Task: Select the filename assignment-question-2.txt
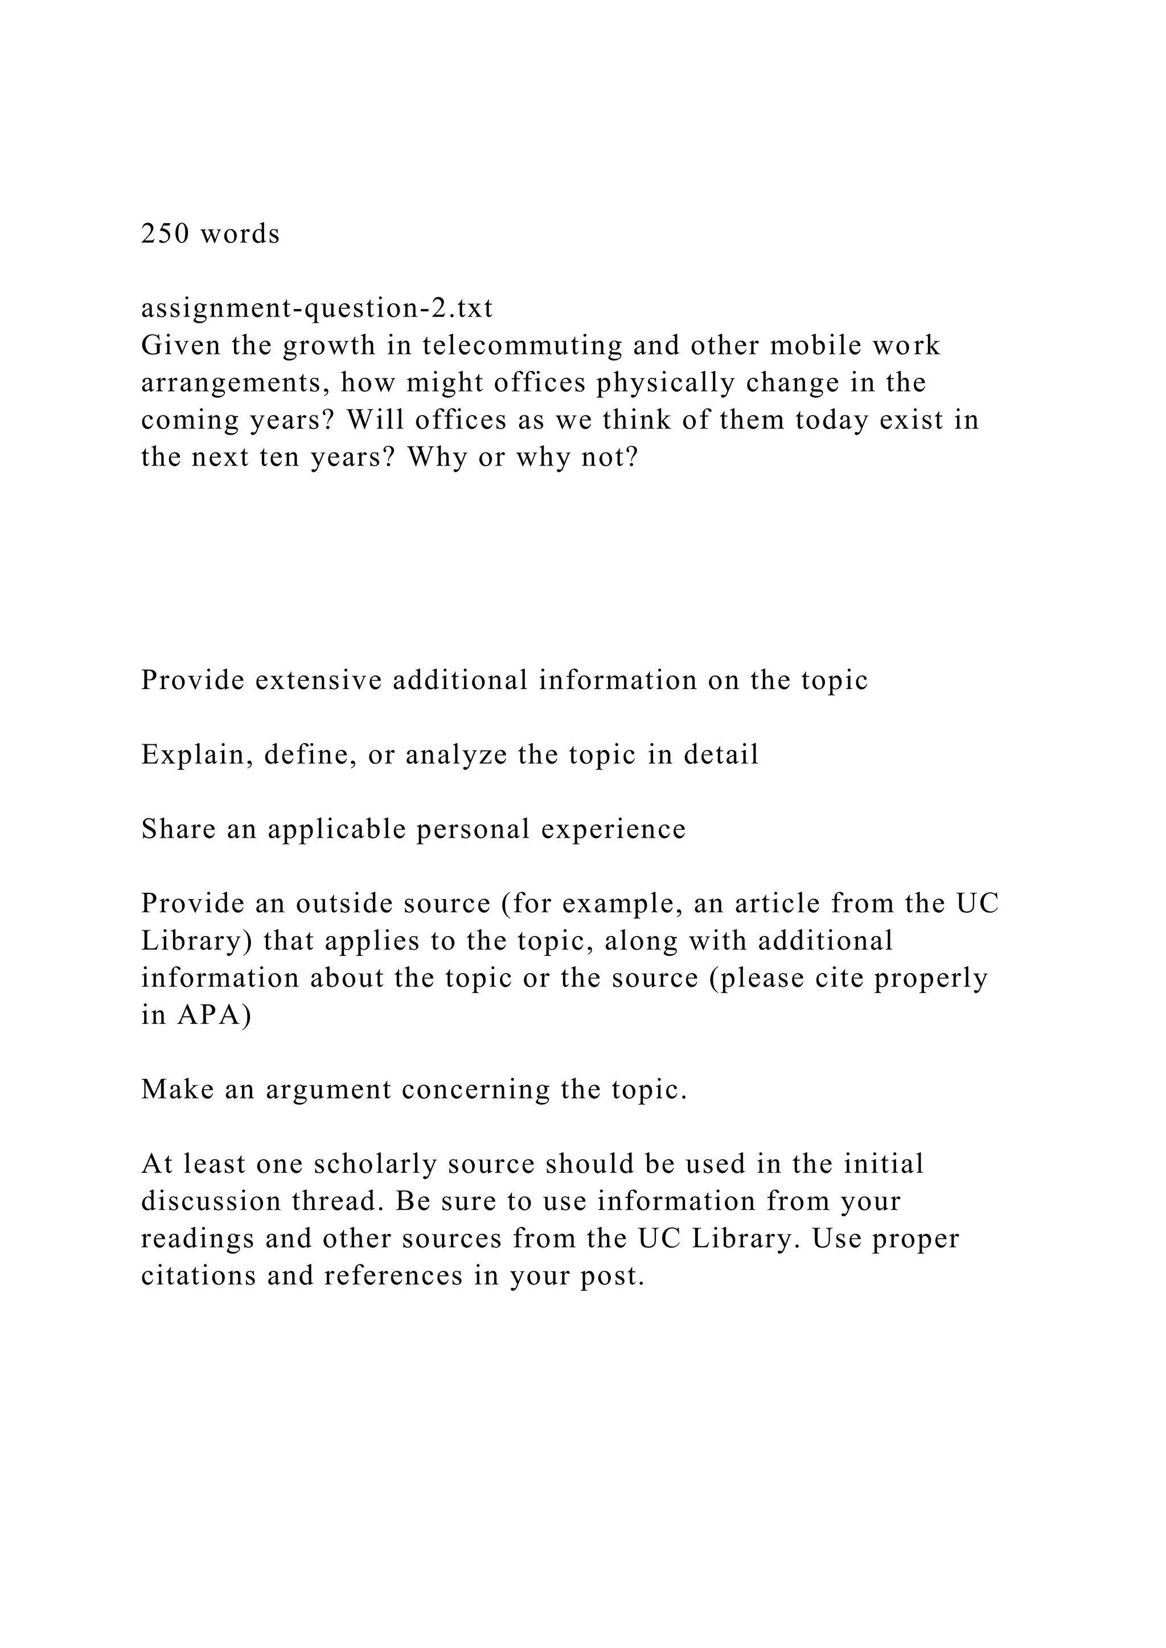pos(317,308)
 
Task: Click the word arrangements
pos(236,384)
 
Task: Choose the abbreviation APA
pos(209,1016)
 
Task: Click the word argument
pos(328,1091)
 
